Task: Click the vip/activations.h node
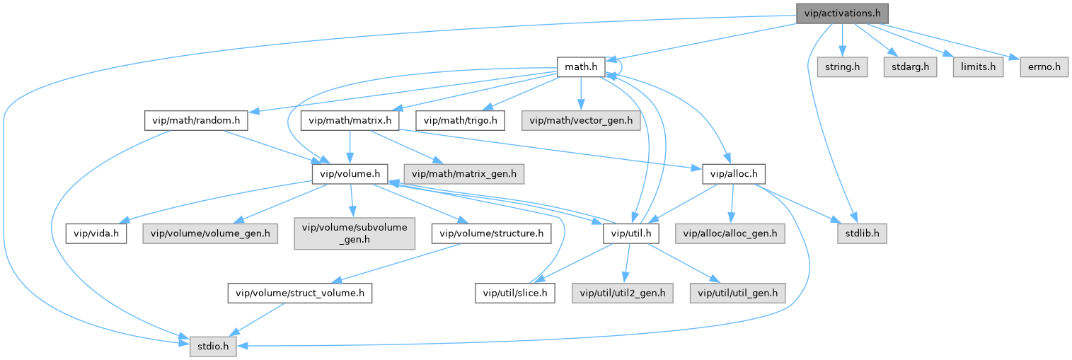pyautogui.click(x=841, y=13)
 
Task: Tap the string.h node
pyautogui.click(x=842, y=67)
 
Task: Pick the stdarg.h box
pyautogui.click(x=908, y=67)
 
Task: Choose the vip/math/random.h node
pyautogui.click(x=196, y=120)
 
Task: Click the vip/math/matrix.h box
pyautogui.click(x=350, y=120)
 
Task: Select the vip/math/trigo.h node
pyautogui.click(x=461, y=120)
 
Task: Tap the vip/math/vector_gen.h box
pyautogui.click(x=580, y=120)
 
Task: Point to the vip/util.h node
pyautogui.click(x=632, y=233)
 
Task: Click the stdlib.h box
pyautogui.click(x=858, y=233)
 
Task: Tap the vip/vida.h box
pyautogui.click(x=97, y=233)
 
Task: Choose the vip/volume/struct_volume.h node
pyautogui.click(x=300, y=292)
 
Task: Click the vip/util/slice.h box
pyautogui.click(x=515, y=292)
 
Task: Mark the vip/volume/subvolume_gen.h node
pyautogui.click(x=355, y=233)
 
